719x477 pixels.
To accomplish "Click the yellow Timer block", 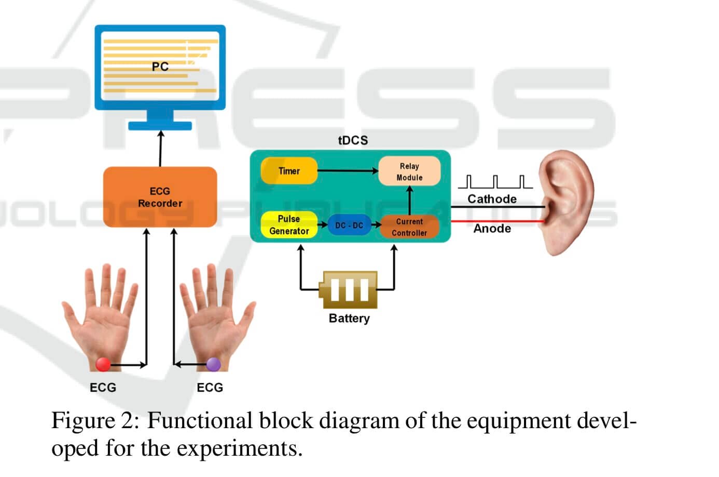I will (x=289, y=171).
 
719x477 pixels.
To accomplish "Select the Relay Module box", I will (x=409, y=171).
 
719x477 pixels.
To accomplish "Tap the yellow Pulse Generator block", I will (x=289, y=225).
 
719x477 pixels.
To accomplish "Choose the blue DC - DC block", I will (x=349, y=225).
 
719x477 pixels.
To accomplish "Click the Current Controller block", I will (x=409, y=227).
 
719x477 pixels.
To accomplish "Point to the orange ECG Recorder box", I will (x=160, y=197).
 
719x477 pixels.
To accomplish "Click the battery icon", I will (x=348, y=289).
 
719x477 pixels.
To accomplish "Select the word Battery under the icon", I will (x=349, y=318).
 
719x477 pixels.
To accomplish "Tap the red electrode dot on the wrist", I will (x=103, y=364).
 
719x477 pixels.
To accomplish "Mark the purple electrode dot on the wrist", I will (x=213, y=364).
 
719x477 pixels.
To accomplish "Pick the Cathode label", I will (x=492, y=199).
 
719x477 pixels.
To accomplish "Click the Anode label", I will (x=492, y=229).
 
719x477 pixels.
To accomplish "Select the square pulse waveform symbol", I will (x=495, y=182).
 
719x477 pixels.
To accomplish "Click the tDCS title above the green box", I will (x=353, y=140).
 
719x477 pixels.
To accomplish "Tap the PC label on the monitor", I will (x=160, y=67).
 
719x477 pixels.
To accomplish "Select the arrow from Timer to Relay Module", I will (x=348, y=170).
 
